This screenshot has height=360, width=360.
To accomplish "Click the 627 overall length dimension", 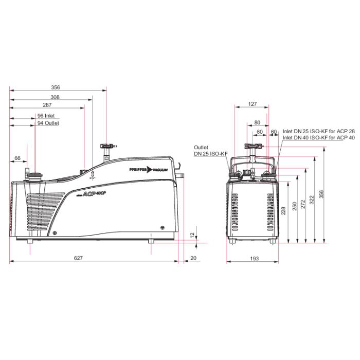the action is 78,258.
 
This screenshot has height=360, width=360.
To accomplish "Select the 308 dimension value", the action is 55,97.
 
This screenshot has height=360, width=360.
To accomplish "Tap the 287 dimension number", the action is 47,105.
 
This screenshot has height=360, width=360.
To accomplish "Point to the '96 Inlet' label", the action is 46,116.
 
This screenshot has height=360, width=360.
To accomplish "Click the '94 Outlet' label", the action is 48,123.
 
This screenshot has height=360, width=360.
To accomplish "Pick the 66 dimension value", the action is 17,158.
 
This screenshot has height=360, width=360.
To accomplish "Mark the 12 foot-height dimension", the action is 192,235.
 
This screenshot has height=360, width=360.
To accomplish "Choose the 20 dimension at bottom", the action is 193,258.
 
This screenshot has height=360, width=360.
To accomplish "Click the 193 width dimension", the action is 255,259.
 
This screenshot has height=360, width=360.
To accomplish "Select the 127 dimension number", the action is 253,104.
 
